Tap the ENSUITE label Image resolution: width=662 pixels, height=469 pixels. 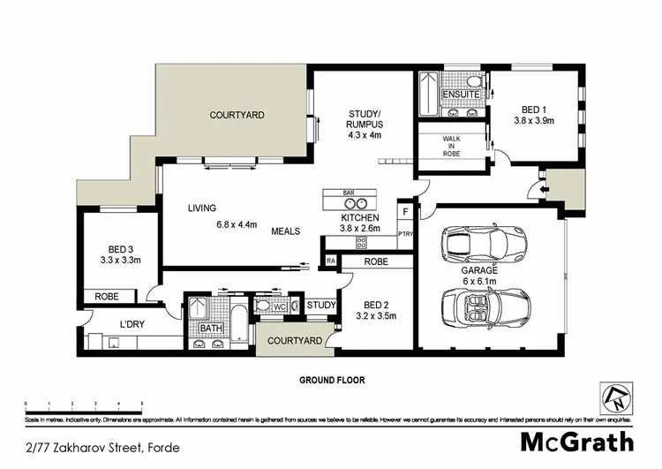[461, 94]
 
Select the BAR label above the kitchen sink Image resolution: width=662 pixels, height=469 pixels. [348, 192]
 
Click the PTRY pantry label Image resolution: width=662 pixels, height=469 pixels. [405, 234]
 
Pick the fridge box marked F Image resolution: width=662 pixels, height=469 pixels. [405, 212]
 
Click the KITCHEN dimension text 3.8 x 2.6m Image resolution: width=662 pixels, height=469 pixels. [360, 229]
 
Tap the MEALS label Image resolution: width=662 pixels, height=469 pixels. [285, 231]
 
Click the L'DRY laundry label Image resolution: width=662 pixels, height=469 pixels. [132, 323]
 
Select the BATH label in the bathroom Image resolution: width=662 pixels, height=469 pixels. [210, 329]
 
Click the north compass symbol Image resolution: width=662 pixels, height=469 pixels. [618, 395]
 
